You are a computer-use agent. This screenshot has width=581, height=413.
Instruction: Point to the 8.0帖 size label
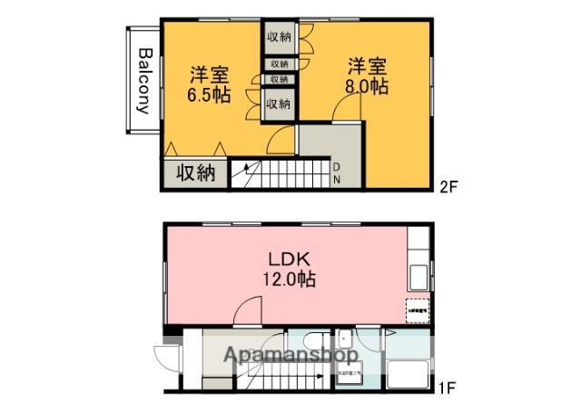[x=368, y=87]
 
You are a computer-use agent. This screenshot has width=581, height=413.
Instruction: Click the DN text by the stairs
[x=336, y=172]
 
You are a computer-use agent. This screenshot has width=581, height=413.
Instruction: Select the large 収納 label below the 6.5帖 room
[x=195, y=172]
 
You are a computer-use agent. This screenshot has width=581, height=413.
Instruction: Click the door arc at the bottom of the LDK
[x=246, y=312]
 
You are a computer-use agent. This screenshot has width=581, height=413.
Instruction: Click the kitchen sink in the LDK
[x=420, y=277]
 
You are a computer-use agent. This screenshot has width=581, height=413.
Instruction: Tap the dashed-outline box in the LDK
[x=417, y=310]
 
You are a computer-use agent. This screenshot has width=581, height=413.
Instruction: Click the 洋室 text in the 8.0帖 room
[x=368, y=65]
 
